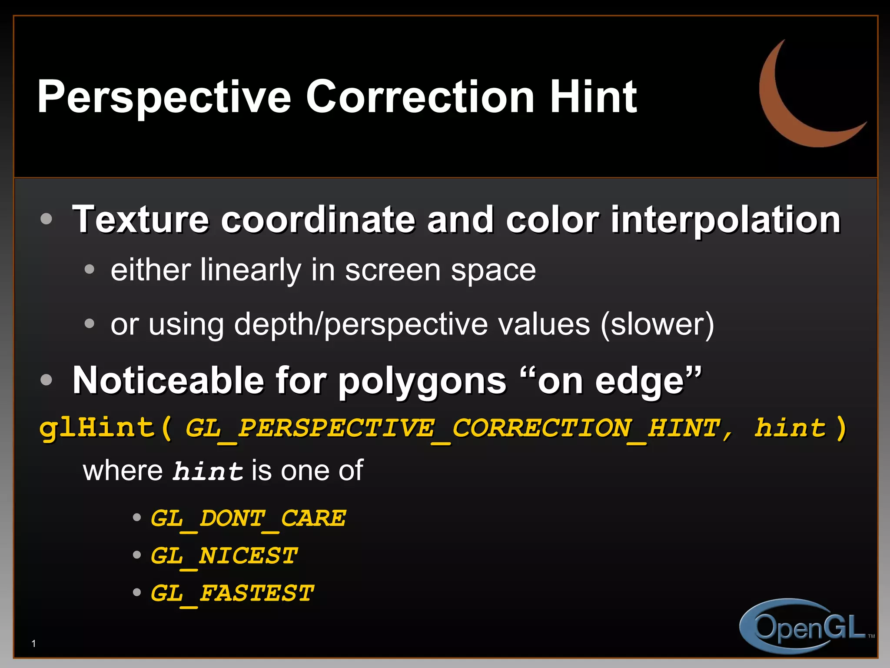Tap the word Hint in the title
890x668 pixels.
[x=593, y=97]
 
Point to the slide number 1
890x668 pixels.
[x=34, y=644]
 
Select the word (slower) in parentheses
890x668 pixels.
[x=657, y=324]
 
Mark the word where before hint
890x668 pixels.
[x=123, y=471]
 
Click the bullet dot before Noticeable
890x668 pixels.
[x=46, y=380]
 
